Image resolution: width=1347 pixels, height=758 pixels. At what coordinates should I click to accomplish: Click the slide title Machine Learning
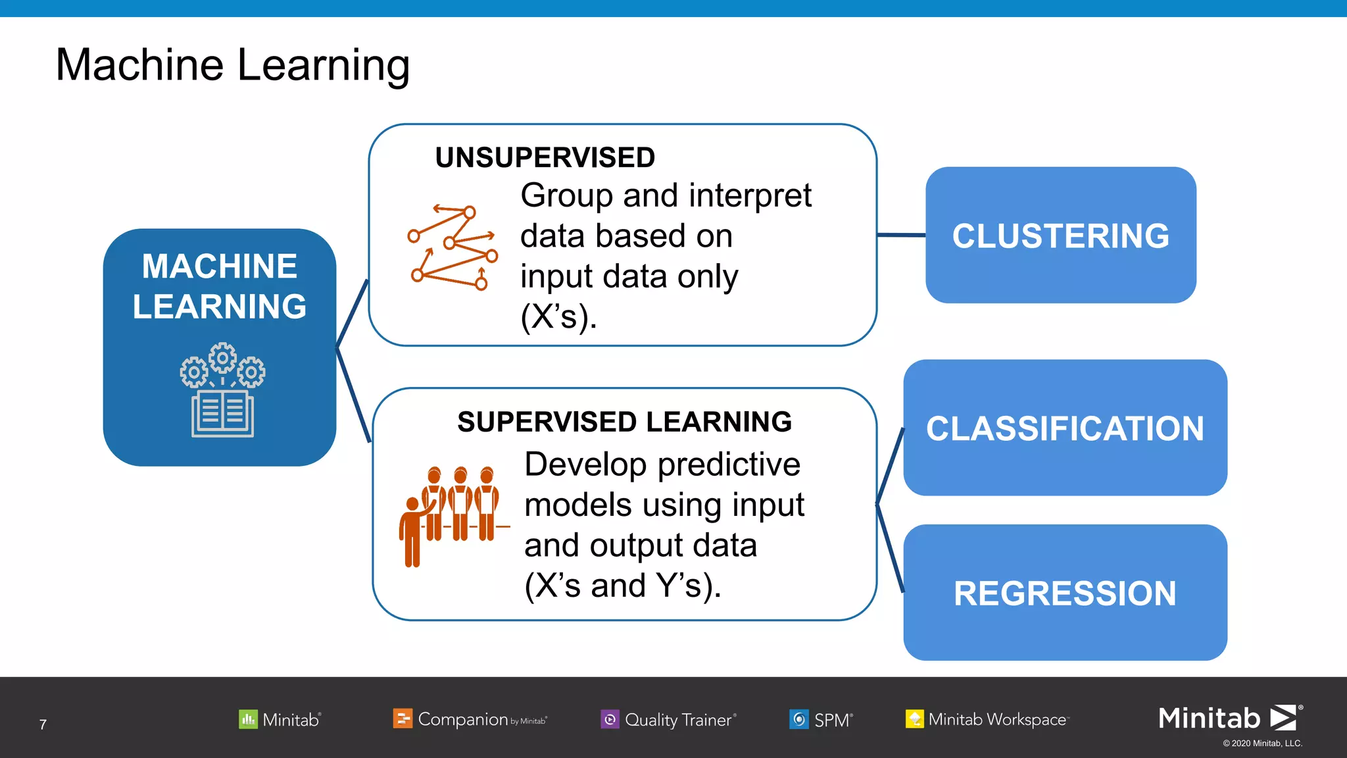pyautogui.click(x=232, y=65)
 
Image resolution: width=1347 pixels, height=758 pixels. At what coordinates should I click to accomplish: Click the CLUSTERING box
pyautogui.click(x=1060, y=236)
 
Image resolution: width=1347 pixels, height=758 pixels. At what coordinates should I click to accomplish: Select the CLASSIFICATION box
pyautogui.click(x=1065, y=428)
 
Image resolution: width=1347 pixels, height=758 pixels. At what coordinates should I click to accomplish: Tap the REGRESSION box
pyautogui.click(x=1065, y=593)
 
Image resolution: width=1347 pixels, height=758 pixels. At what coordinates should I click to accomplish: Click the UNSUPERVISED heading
pyautogui.click(x=545, y=157)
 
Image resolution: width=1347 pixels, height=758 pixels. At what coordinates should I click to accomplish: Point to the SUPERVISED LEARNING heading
pyautogui.click(x=624, y=422)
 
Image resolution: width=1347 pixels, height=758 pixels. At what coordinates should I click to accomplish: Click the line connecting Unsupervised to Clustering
pyautogui.click(x=901, y=235)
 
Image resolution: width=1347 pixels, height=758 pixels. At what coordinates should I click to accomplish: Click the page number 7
pyautogui.click(x=43, y=724)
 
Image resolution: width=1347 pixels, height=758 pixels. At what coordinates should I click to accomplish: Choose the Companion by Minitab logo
pyautogui.click(x=470, y=719)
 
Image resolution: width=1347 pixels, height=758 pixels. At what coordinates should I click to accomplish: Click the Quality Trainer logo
pyautogui.click(x=668, y=720)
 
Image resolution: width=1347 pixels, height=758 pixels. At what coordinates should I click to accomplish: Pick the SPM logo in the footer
pyautogui.click(x=821, y=720)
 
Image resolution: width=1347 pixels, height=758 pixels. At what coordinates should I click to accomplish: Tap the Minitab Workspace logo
pyautogui.click(x=987, y=719)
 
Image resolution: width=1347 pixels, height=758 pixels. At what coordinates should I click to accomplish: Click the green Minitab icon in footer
pyautogui.click(x=248, y=719)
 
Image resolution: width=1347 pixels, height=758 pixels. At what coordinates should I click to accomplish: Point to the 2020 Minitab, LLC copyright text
pyautogui.click(x=1262, y=744)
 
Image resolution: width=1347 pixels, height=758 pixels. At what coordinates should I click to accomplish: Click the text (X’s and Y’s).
pyautogui.click(x=622, y=586)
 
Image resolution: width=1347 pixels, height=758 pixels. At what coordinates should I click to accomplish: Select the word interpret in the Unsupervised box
pyautogui.click(x=750, y=196)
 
